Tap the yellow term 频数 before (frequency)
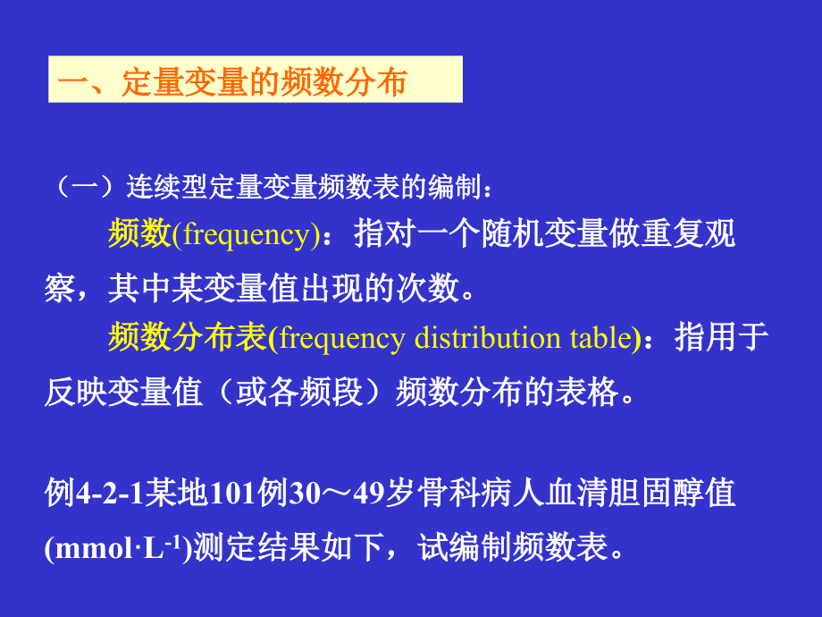(x=139, y=234)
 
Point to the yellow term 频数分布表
(x=188, y=338)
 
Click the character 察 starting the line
(x=60, y=288)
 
